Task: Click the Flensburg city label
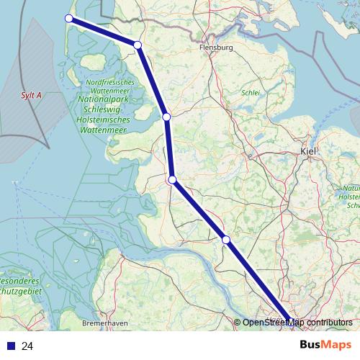click(215, 48)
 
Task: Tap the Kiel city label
click(308, 151)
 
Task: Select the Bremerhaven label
click(105, 323)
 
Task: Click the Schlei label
click(251, 92)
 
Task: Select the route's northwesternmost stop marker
click(69, 19)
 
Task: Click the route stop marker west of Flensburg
click(137, 45)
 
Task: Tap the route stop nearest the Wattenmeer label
click(166, 117)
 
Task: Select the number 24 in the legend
click(28, 346)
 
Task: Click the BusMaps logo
click(325, 345)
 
